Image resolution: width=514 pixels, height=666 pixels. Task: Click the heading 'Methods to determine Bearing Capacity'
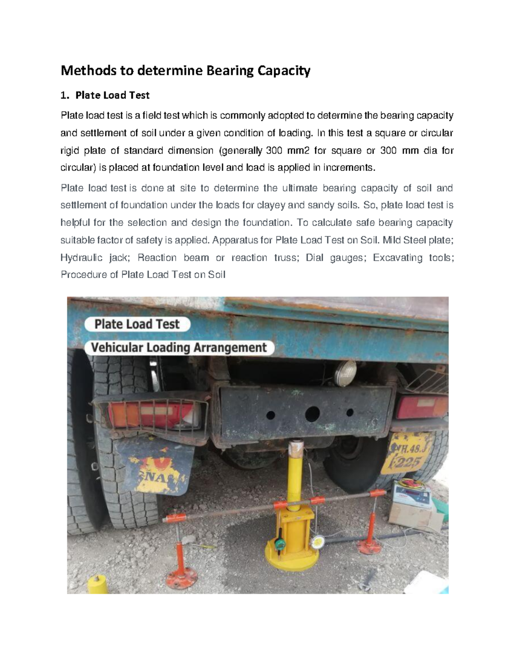(185, 70)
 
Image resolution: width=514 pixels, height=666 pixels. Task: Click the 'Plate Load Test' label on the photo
(137, 324)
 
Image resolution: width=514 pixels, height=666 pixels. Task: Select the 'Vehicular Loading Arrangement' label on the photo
(179, 347)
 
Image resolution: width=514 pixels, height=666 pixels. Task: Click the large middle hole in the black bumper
(312, 414)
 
